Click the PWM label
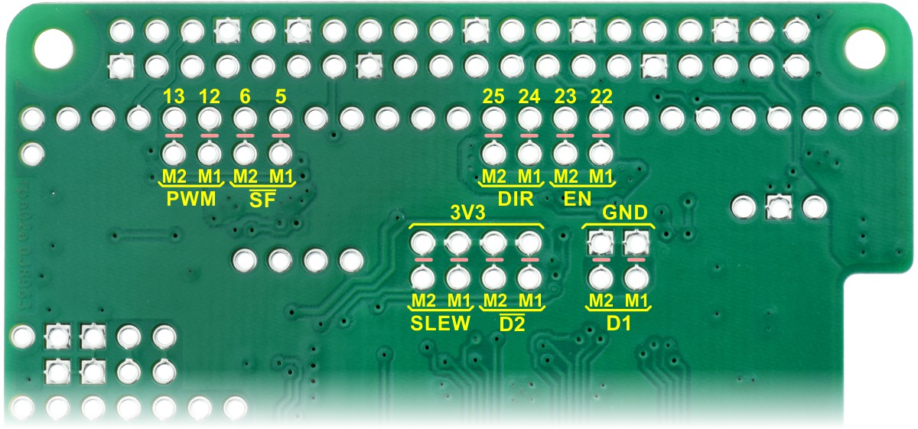coord(190,200)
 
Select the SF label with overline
coord(262,201)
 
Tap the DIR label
coord(511,200)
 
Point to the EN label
coord(582,200)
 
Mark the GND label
coord(620,213)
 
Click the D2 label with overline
coord(511,323)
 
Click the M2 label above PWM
coord(174,176)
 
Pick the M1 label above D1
coord(636,299)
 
